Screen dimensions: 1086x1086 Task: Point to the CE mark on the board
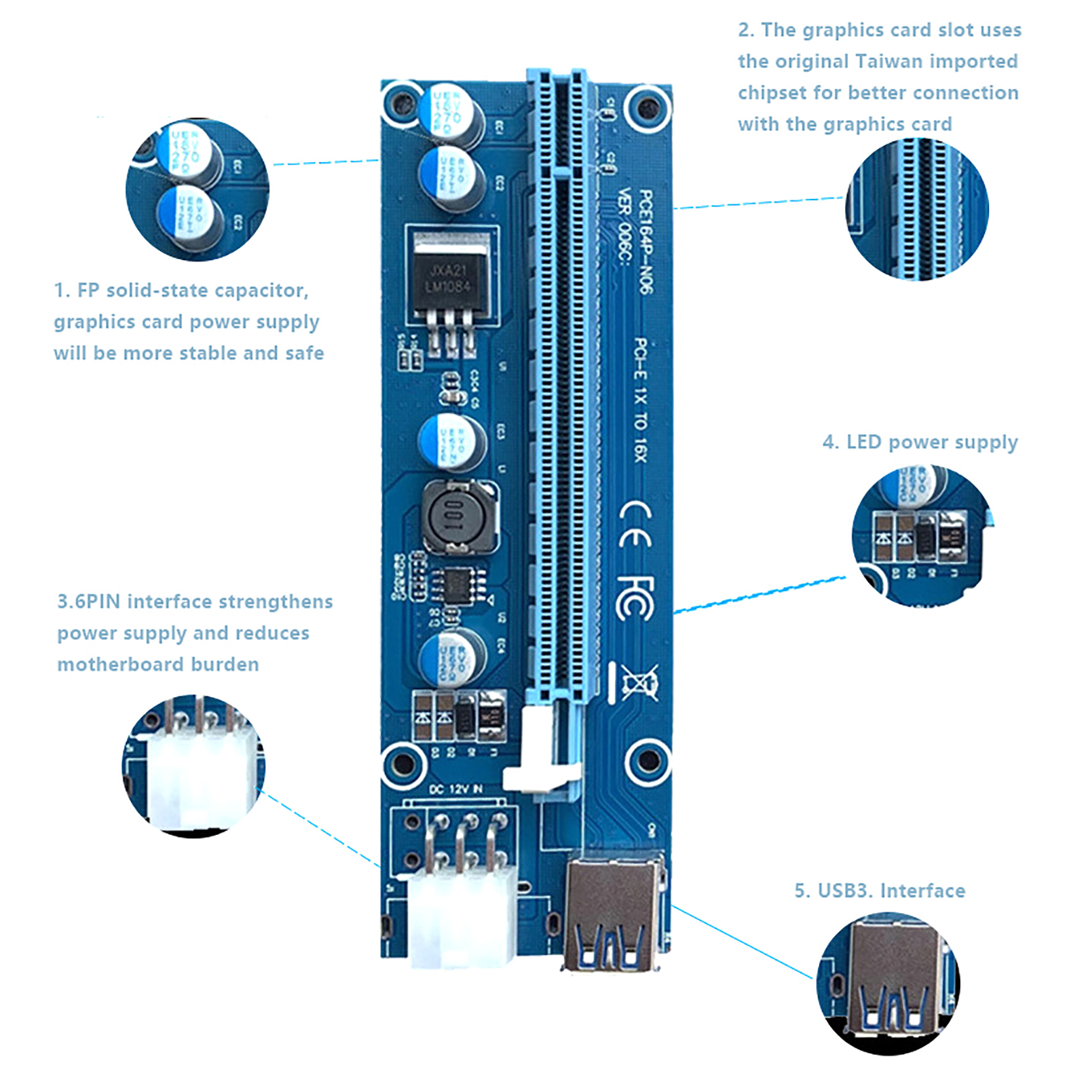coord(636,525)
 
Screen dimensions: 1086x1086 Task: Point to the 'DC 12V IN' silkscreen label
coord(455,789)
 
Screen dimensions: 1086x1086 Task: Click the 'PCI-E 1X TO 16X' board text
coord(640,400)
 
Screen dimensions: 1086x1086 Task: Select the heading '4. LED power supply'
coord(920,443)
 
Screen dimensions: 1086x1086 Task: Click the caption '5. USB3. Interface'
coord(880,891)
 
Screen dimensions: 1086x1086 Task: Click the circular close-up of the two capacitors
coord(198,189)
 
